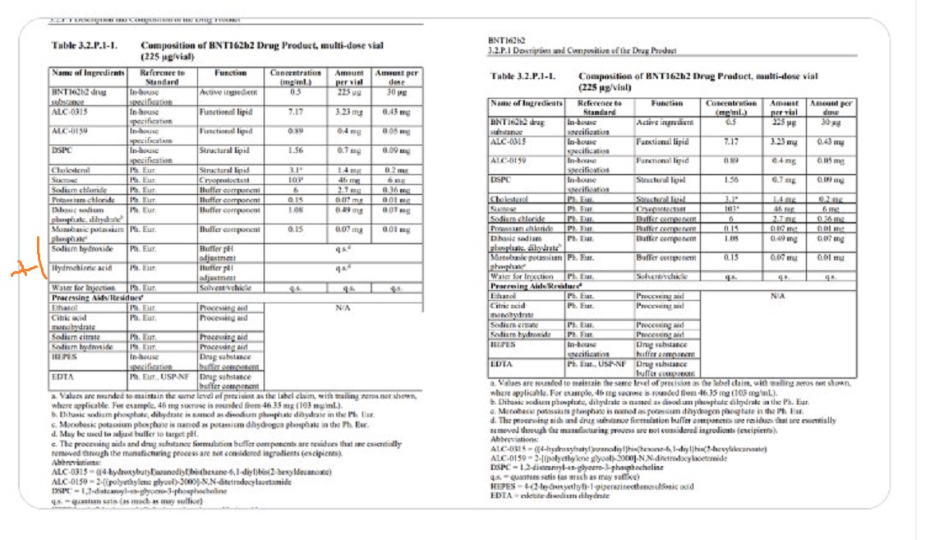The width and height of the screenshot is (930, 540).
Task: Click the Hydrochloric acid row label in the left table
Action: click(81, 268)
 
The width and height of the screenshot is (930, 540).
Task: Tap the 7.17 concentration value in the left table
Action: click(296, 111)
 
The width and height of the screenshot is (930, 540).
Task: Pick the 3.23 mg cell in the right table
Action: click(786, 141)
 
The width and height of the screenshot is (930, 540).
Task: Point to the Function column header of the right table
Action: click(666, 104)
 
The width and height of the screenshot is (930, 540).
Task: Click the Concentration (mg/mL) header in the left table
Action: click(296, 77)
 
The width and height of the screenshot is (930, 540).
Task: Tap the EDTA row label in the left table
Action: click(62, 376)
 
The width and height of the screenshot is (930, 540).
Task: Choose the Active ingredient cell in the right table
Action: click(665, 122)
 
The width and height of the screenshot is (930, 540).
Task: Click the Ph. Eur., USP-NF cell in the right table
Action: click(596, 362)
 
